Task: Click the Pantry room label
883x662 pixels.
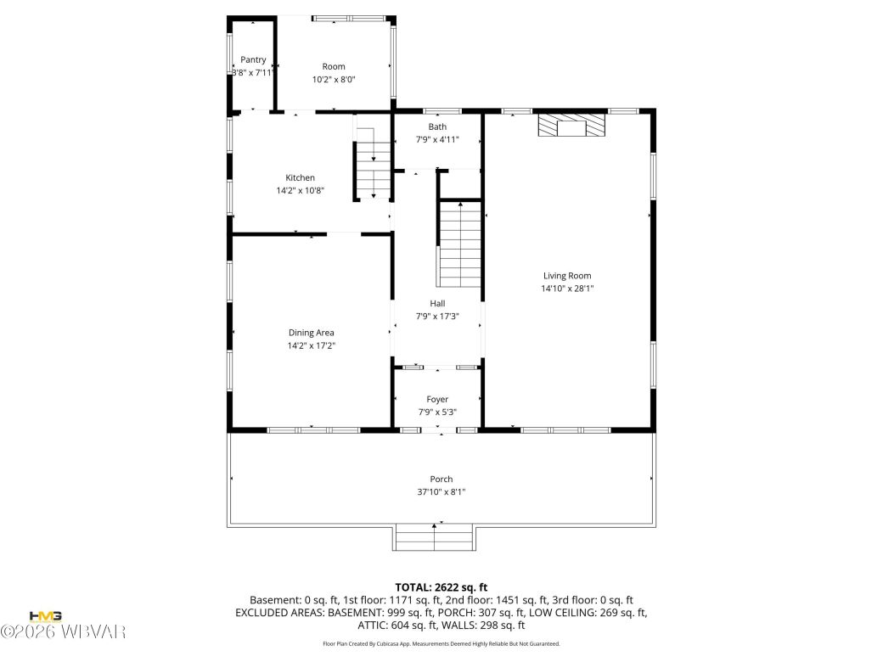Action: click(x=253, y=59)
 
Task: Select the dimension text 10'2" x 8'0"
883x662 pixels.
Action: click(x=334, y=80)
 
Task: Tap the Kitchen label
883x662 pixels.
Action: click(x=300, y=178)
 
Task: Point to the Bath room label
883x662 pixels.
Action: click(x=436, y=127)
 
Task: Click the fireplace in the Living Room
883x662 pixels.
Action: click(x=573, y=126)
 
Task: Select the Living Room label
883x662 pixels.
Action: click(x=567, y=276)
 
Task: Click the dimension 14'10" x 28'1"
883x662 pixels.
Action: click(x=567, y=289)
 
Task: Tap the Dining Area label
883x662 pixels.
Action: click(x=312, y=333)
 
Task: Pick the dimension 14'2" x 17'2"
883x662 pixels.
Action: click(x=312, y=345)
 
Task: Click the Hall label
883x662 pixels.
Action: click(x=437, y=303)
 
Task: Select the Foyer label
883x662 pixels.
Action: click(x=437, y=399)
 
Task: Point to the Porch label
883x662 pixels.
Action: click(x=441, y=480)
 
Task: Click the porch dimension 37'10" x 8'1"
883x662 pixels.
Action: click(x=441, y=492)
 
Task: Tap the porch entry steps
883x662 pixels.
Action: click(x=435, y=538)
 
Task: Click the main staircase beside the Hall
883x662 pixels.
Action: click(x=459, y=244)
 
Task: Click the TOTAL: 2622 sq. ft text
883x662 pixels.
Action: click(x=441, y=587)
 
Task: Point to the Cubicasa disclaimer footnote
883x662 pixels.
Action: click(x=441, y=644)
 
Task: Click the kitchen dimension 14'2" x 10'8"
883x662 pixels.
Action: click(x=300, y=191)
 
